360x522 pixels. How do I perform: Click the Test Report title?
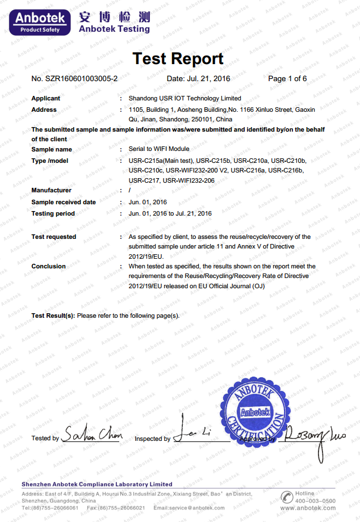tap(178, 58)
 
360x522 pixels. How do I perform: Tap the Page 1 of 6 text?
tap(287, 78)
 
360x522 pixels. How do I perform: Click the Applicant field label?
tap(45, 98)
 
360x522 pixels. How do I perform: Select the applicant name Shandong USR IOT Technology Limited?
tap(185, 98)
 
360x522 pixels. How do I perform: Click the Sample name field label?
tap(52, 149)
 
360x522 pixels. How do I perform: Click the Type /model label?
tap(50, 161)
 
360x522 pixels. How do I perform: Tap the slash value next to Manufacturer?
tap(130, 191)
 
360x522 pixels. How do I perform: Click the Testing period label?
tap(53, 213)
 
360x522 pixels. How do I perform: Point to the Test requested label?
tap(53, 237)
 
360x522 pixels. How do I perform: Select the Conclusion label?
tap(48, 266)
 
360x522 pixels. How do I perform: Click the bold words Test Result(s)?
tap(53, 315)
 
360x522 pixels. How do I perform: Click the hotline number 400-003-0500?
tap(316, 501)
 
